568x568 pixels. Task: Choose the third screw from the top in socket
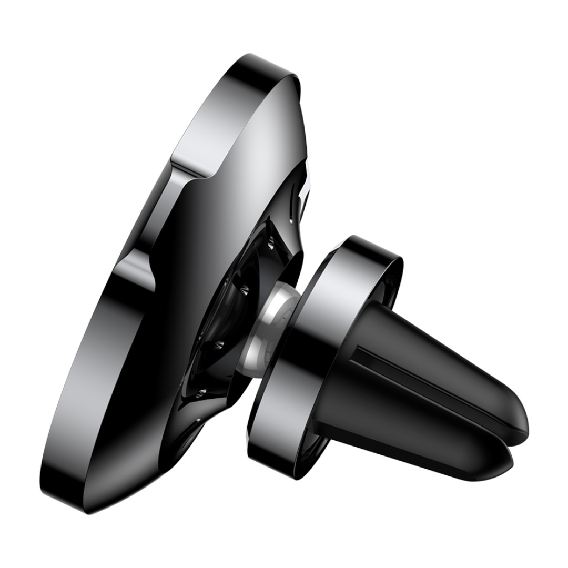point(218,345)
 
